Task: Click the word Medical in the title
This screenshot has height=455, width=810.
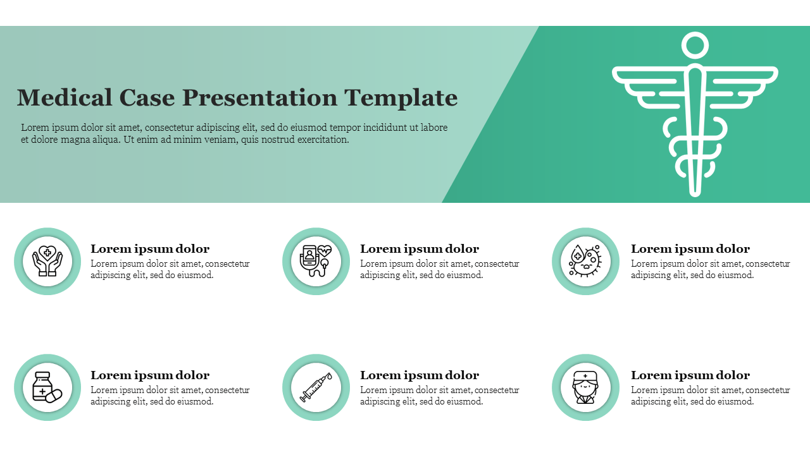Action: [65, 97]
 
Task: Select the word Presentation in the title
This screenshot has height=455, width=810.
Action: [259, 98]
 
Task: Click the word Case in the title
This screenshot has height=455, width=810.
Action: [147, 97]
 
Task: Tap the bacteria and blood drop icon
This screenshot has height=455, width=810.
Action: [585, 261]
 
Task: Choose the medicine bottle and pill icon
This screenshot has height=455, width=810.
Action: [47, 387]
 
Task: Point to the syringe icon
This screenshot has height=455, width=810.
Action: [316, 387]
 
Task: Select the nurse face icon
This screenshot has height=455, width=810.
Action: [585, 387]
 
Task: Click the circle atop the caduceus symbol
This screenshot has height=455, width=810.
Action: [695, 46]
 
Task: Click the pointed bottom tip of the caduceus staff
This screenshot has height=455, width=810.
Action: [695, 195]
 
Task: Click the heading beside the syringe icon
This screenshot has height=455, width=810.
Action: [420, 375]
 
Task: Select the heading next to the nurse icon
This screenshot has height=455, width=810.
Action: [690, 375]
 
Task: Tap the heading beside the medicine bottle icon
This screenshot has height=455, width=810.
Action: [150, 375]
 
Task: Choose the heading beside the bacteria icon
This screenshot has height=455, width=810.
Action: [690, 249]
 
